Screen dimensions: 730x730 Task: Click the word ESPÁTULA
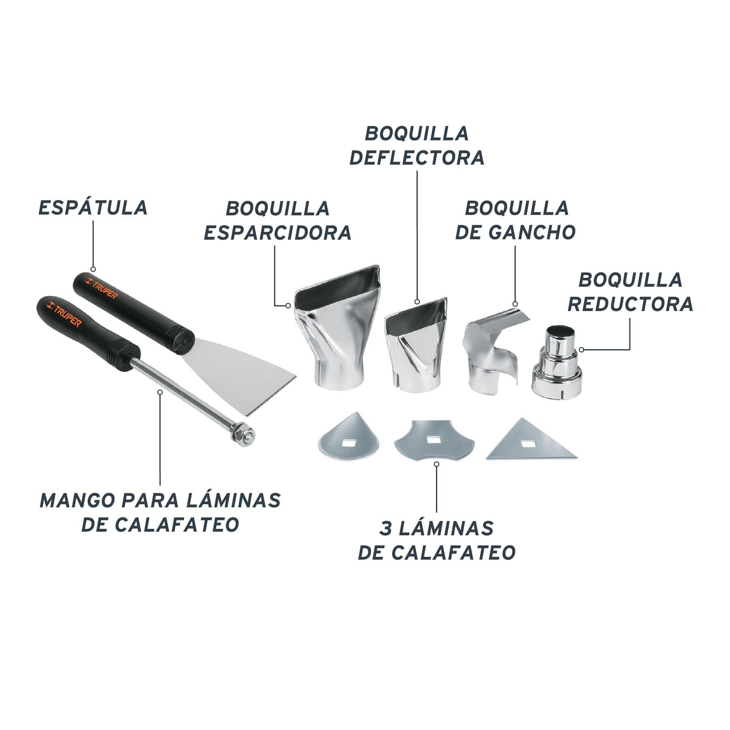(x=93, y=207)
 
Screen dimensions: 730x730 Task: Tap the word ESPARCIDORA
(x=277, y=233)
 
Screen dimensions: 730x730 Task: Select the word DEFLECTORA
(x=417, y=158)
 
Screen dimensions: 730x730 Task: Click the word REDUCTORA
(x=630, y=304)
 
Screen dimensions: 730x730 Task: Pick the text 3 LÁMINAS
(x=436, y=528)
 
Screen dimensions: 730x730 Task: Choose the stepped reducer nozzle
(x=556, y=361)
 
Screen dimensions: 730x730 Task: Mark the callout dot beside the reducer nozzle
(x=582, y=349)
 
